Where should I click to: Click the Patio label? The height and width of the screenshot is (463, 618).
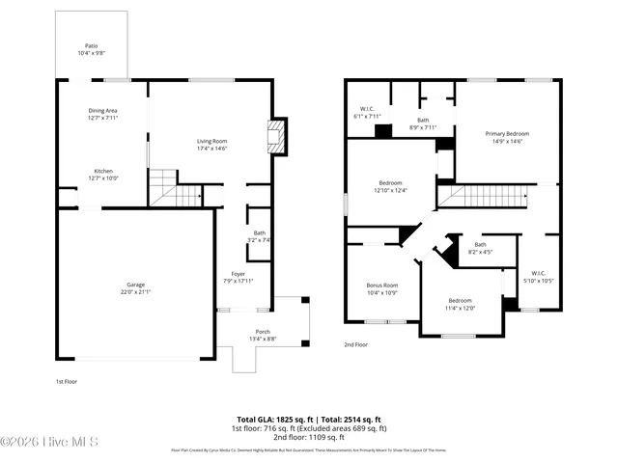92,48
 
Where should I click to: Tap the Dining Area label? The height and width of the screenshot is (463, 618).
102,114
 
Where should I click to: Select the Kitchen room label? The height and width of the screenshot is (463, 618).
102,174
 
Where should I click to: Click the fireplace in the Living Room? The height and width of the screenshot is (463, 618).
277,135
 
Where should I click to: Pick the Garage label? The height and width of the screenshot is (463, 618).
135,287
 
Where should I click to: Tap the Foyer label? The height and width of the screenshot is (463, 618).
238,277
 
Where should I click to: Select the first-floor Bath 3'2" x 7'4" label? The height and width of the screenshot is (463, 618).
259,235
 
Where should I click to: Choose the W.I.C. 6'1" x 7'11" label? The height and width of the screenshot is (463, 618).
367,112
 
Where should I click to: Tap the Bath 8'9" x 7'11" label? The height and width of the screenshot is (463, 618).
423,123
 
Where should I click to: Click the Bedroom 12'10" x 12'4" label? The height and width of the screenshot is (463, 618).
390,186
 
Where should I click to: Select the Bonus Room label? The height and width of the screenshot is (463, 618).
382,288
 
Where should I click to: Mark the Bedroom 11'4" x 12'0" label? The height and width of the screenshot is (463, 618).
460,304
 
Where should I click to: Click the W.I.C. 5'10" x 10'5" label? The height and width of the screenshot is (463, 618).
538,276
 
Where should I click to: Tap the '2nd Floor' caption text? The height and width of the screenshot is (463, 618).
356,344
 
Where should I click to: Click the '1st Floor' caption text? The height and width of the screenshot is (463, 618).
66,382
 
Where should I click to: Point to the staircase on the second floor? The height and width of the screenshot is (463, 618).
483,197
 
